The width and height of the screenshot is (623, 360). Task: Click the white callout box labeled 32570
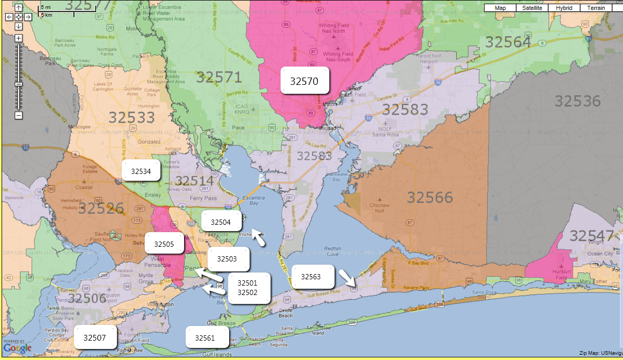tap(305, 81)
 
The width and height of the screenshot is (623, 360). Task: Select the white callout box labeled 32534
tap(141, 171)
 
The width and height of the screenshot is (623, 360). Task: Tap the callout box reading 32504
tap(221, 222)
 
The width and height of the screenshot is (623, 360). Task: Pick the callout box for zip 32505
tap(164, 244)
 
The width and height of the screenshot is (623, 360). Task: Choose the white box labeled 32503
tap(227, 258)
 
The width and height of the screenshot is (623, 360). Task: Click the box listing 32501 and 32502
tap(248, 287)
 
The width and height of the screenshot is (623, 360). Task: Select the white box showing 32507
tap(94, 337)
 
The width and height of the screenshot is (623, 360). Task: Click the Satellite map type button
tap(532, 8)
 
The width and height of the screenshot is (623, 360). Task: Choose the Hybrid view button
tap(564, 8)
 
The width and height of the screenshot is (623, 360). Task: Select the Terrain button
tap(596, 8)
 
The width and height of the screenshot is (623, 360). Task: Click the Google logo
tap(17, 347)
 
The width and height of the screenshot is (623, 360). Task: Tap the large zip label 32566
tap(429, 197)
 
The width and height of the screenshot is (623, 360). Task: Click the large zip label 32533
tap(132, 117)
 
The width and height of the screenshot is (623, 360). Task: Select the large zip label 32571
tap(219, 78)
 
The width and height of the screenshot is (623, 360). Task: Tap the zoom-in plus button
tap(18, 38)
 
